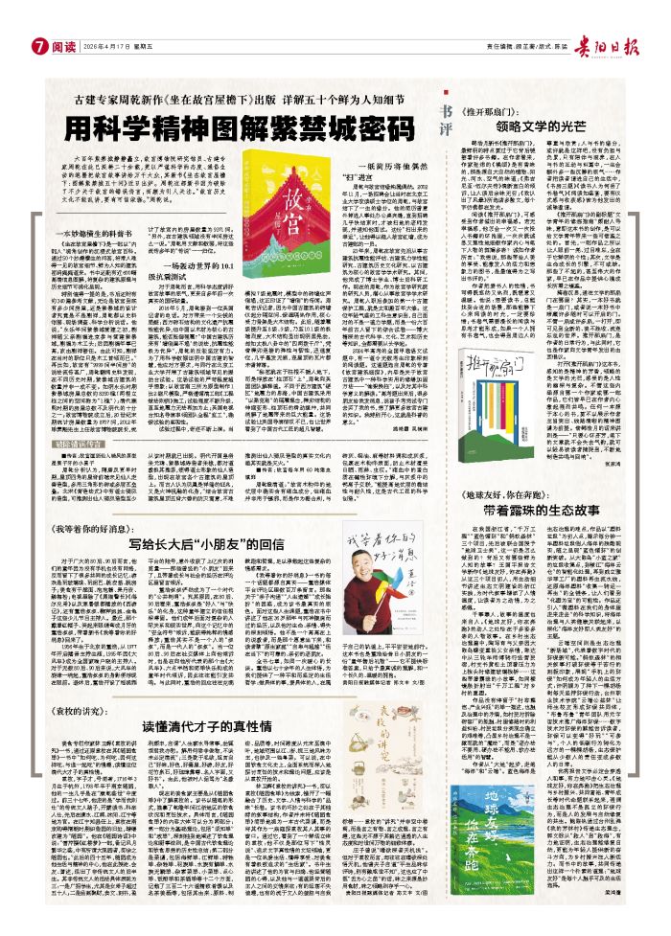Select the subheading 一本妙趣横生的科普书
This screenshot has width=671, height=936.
coord(77,234)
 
